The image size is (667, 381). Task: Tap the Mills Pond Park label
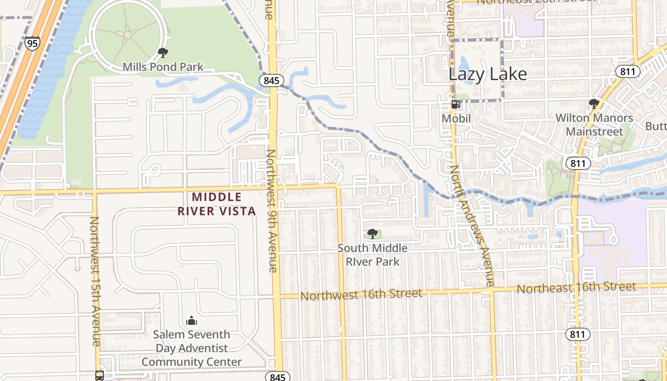tap(163, 67)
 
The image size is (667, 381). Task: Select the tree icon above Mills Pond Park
tap(163, 52)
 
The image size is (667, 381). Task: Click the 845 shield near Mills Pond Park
tap(271, 80)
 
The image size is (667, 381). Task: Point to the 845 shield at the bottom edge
tap(277, 377)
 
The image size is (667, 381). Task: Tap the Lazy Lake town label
tap(488, 74)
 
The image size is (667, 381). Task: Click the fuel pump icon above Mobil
tap(456, 104)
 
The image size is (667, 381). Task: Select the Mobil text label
tap(456, 118)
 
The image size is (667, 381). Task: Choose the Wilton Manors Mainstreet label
tap(594, 125)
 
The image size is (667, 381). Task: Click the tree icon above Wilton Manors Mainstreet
tap(594, 103)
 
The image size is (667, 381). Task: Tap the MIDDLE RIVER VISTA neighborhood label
tap(217, 204)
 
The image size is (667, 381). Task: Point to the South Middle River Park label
tap(373, 255)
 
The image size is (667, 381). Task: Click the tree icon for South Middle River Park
tap(373, 233)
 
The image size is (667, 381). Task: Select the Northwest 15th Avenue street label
tap(95, 281)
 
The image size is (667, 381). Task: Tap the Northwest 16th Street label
tap(361, 295)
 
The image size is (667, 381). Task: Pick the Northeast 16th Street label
tap(576, 288)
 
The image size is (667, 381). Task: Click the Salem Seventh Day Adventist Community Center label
tap(192, 348)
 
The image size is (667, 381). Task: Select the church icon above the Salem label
tap(192, 320)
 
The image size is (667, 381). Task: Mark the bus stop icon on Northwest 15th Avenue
tap(100, 375)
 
